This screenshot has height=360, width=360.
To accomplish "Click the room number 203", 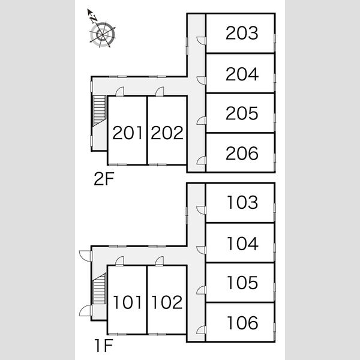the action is click(x=242, y=33).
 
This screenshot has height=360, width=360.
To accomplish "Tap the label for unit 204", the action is click(x=242, y=74).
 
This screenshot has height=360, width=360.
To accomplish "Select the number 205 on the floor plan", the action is click(x=242, y=113).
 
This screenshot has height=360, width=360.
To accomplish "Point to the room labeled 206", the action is click(x=242, y=153).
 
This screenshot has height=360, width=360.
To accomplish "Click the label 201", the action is click(x=127, y=133).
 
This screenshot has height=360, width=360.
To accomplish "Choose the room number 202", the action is click(x=167, y=133).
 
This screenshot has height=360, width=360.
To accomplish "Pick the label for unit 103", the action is click(x=242, y=202).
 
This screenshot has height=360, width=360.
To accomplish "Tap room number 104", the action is click(x=242, y=244).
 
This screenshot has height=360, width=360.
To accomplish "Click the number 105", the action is click(x=242, y=283).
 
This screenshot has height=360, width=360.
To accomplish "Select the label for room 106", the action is click(x=242, y=323).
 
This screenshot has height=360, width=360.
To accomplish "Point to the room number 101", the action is click(x=127, y=302).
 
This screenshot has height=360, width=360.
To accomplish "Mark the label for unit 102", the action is click(x=167, y=302).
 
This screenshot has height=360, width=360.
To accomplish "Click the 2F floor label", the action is click(x=104, y=179).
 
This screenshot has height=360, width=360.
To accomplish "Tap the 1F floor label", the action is click(x=104, y=346).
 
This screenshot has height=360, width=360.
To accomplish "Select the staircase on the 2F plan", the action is click(x=100, y=111).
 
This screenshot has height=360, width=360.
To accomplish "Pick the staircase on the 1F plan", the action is click(x=100, y=289).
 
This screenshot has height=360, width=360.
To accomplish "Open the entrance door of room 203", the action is click(x=202, y=41).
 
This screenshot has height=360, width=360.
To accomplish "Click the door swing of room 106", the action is click(x=201, y=329).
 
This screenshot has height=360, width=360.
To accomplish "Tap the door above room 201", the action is click(x=119, y=91).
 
